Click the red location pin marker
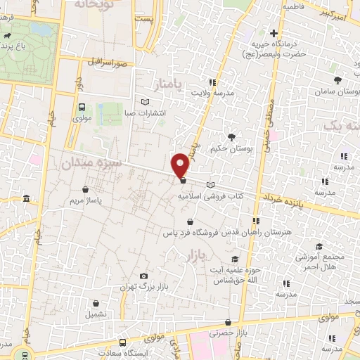click(181, 164)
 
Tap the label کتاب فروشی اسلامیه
click(206, 196)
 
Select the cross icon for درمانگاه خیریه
click(274, 33)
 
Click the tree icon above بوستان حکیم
click(231, 136)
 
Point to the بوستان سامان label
click(337, 92)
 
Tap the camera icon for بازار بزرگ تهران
click(144, 276)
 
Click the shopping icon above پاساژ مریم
click(85, 189)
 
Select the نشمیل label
click(96, 314)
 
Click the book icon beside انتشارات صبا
click(146, 101)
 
